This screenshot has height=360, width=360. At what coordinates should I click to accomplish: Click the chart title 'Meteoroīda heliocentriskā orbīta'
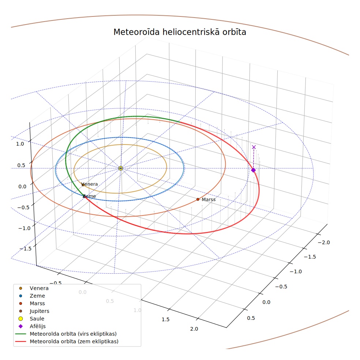[180, 32]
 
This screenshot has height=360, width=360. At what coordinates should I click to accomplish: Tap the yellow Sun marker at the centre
[120, 168]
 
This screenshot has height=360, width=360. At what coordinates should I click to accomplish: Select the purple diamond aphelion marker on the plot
[253, 170]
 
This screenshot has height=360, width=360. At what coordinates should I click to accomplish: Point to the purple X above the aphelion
[254, 147]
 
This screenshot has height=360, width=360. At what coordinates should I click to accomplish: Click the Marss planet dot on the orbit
[198, 199]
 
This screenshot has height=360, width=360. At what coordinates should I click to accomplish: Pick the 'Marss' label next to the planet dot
[209, 199]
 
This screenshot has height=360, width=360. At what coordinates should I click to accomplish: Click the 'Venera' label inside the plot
[90, 184]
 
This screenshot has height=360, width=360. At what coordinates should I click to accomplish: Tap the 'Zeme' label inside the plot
[89, 196]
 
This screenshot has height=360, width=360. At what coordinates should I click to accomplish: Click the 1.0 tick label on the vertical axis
[20, 144]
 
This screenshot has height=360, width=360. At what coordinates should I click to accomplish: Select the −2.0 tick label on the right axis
[324, 243]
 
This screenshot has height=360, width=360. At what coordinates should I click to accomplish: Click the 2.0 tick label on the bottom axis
[194, 329]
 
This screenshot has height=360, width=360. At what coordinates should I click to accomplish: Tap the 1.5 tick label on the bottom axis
[165, 320]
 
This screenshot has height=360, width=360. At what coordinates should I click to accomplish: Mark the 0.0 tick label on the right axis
[266, 302]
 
